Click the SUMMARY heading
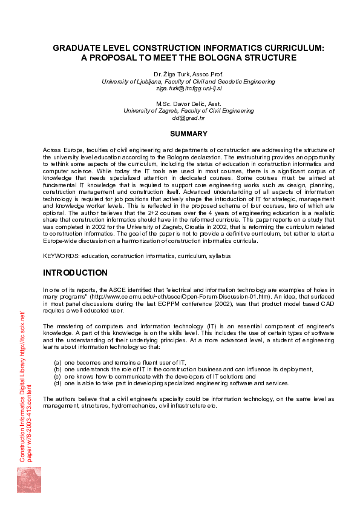(x=188, y=133)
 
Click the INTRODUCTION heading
(x=75, y=273)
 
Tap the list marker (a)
(x=58, y=362)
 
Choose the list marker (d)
(x=58, y=383)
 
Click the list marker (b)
(x=58, y=369)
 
